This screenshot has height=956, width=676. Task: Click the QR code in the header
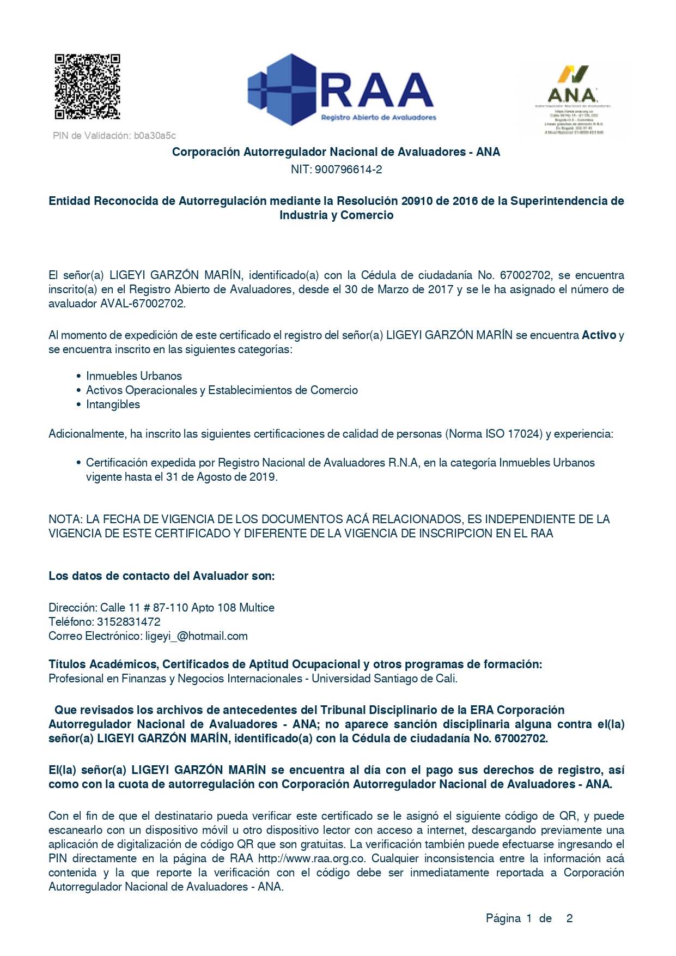pyautogui.click(x=87, y=86)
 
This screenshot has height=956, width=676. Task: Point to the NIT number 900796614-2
pyautogui.click(x=348, y=170)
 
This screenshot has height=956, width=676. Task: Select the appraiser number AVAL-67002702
pyautogui.click(x=143, y=304)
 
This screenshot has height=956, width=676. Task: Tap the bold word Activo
pyautogui.click(x=599, y=335)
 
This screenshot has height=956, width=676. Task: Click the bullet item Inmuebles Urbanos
pyautogui.click(x=134, y=376)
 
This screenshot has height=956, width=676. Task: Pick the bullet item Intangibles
pyautogui.click(x=113, y=404)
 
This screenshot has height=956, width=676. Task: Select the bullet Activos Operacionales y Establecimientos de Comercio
pyautogui.click(x=222, y=390)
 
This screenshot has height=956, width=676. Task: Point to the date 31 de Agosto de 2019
pyautogui.click(x=221, y=477)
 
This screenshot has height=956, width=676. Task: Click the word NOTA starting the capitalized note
pyautogui.click(x=64, y=519)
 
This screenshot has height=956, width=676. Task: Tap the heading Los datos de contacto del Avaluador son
pyautogui.click(x=162, y=576)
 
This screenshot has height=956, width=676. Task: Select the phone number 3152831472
pyautogui.click(x=129, y=622)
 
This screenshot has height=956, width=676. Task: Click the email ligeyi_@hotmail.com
pyautogui.click(x=196, y=636)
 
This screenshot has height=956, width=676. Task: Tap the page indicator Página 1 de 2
pyautogui.click(x=528, y=918)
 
